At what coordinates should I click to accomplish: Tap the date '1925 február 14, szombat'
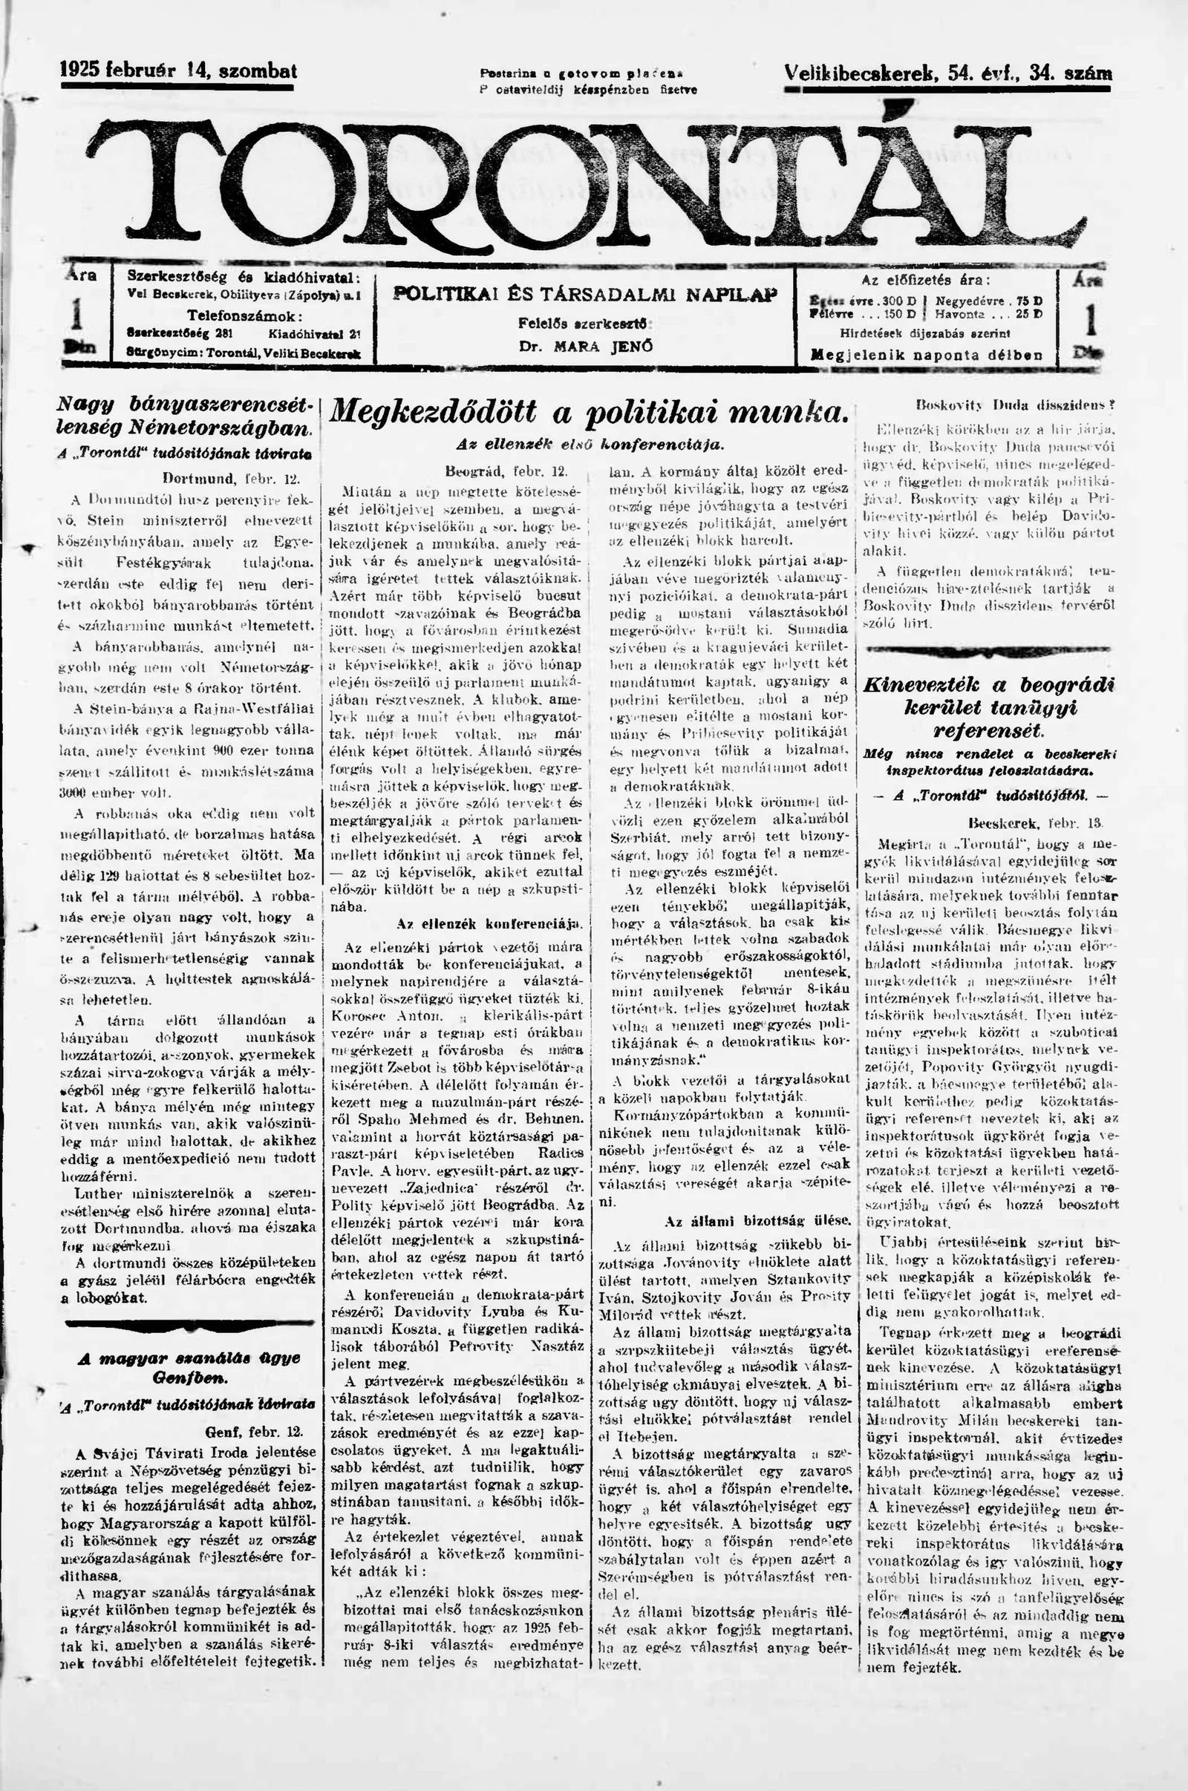pos(179,71)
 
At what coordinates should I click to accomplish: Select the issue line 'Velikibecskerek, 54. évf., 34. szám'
pos(948,73)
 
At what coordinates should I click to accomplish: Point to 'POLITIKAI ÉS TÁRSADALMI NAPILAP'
pos(585,294)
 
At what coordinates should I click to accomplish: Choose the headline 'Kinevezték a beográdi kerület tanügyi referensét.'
pos(990,707)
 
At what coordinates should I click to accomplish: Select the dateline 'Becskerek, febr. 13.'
pos(1034,821)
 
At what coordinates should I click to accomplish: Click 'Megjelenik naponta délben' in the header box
pos(926,354)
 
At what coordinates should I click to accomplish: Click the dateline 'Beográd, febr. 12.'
pos(507,471)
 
